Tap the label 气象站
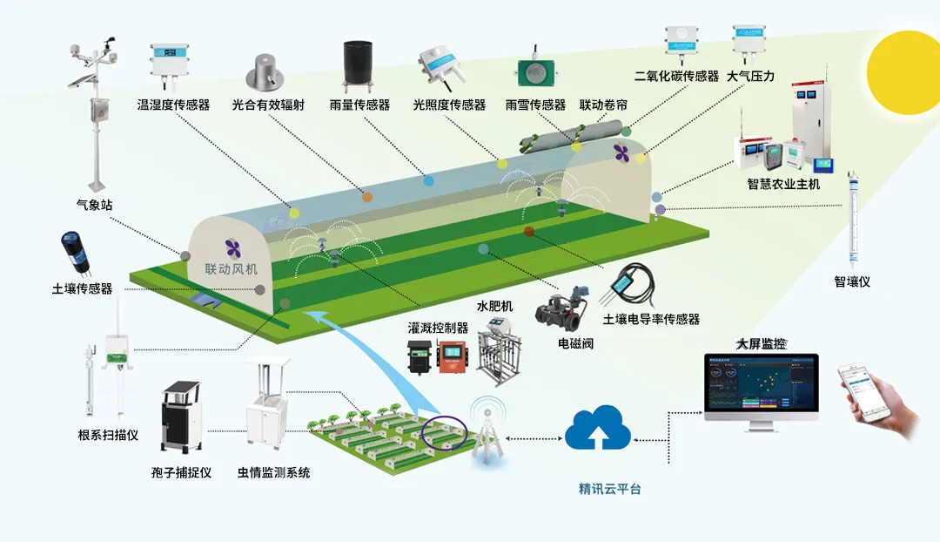[94, 206]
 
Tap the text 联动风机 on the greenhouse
[232, 268]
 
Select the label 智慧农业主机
[783, 184]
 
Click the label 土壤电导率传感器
[651, 319]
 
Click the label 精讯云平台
[610, 489]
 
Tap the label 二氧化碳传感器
[676, 77]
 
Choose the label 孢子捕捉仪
[181, 472]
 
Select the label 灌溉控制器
[438, 329]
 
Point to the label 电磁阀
[575, 343]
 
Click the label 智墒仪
[851, 281]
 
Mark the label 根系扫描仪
[108, 436]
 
